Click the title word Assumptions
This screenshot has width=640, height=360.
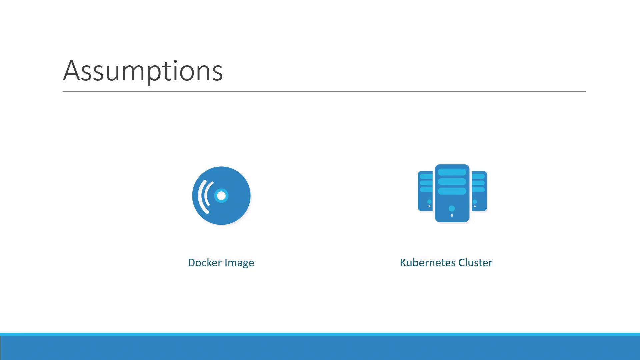[143, 71]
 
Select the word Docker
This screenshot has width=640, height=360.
[205, 263]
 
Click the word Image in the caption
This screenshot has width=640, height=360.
[239, 263]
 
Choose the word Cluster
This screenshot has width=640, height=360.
[475, 263]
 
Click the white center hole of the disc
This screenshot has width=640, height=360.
[221, 196]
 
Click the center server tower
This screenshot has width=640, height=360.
[452, 193]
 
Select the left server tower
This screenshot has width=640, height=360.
[425, 191]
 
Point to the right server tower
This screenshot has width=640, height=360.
[479, 191]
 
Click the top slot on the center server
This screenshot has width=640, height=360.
[452, 172]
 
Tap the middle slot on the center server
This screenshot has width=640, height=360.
[452, 182]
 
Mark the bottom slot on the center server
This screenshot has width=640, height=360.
[452, 191]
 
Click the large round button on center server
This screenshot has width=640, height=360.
[452, 208]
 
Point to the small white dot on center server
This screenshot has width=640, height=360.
[452, 215]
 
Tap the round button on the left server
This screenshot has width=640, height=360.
[429, 202]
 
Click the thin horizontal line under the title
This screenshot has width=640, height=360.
[324, 91]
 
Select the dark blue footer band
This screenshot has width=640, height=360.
[320, 348]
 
